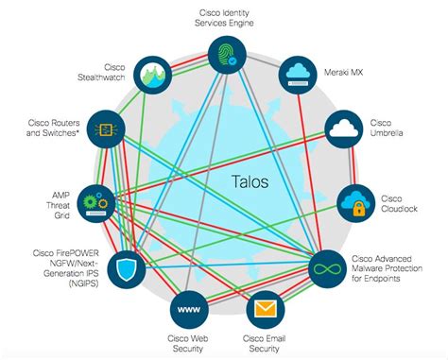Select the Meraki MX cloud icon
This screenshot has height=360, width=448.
pos(299,75)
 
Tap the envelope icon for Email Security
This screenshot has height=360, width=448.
pos(266,308)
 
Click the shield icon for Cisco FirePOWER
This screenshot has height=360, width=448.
pos(128,270)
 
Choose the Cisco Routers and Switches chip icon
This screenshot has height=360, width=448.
pos(108,128)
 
